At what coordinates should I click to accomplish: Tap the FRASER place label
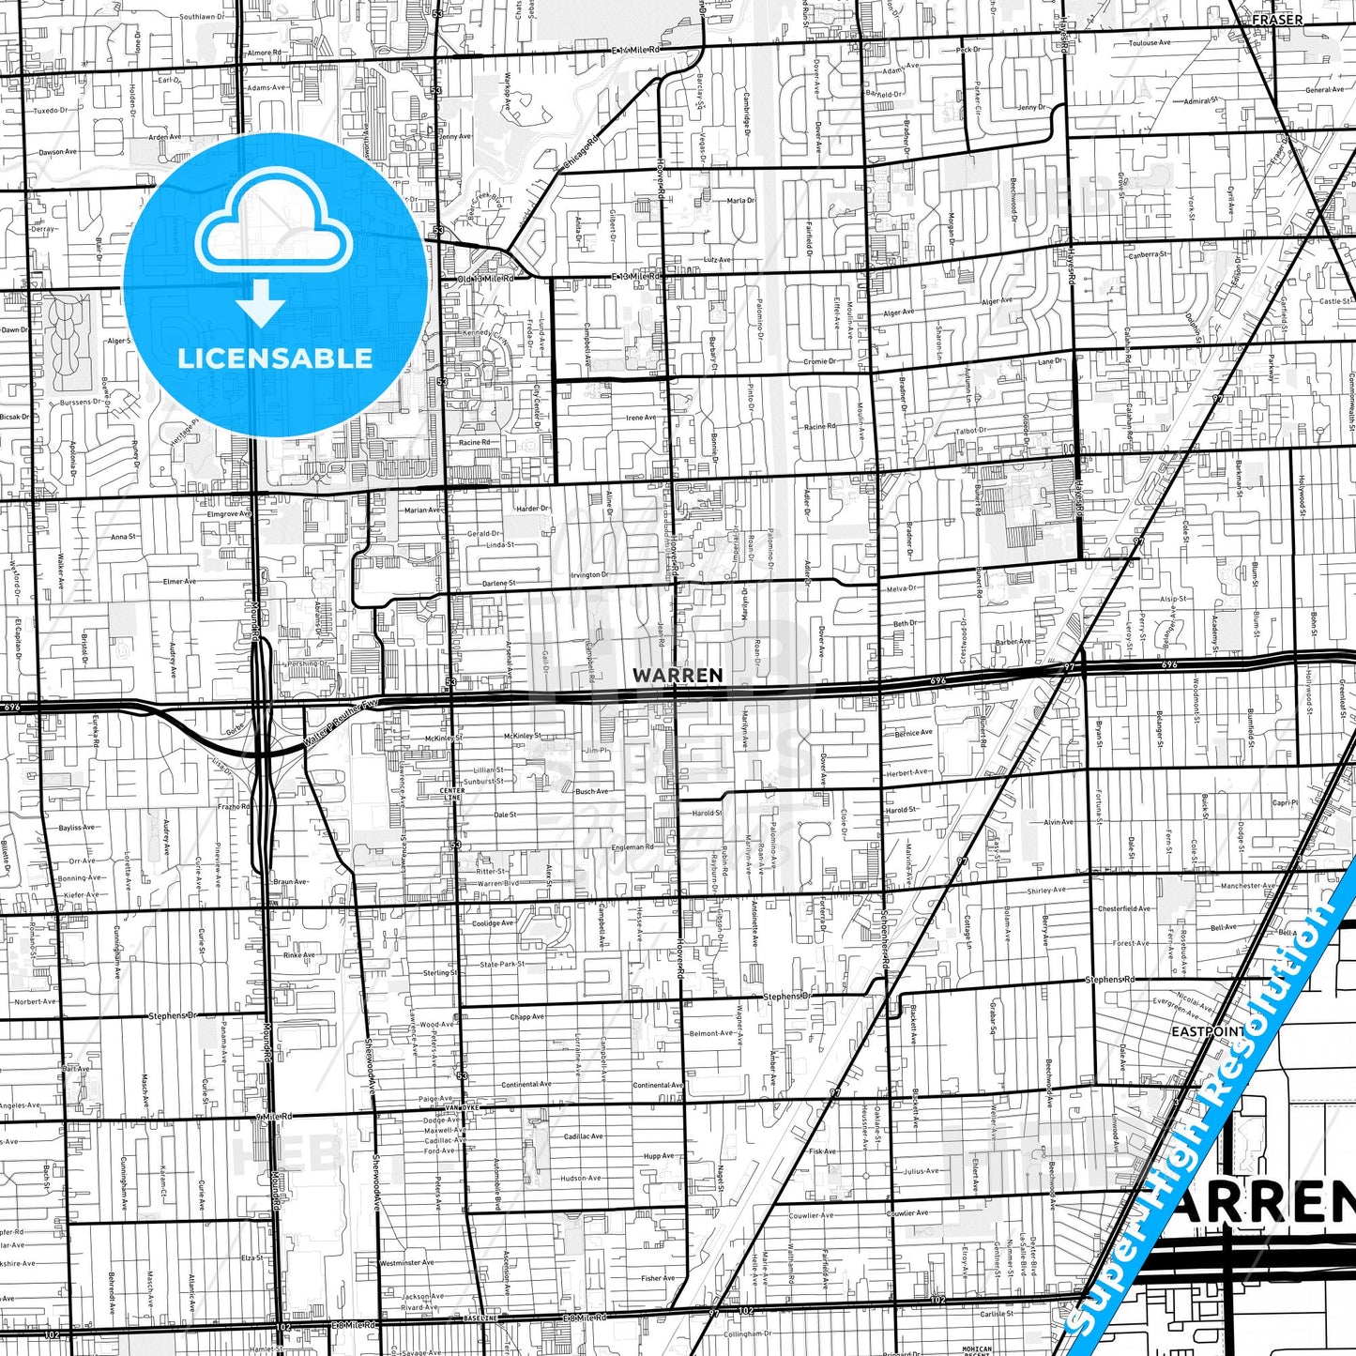point(1277,19)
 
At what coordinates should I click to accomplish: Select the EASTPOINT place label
point(1208,1030)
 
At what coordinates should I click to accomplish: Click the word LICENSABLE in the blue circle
point(275,358)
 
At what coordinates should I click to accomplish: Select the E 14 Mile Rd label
point(637,50)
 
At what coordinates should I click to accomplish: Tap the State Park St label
point(502,964)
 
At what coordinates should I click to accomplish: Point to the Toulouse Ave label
point(1150,43)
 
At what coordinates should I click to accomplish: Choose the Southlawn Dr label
point(202,17)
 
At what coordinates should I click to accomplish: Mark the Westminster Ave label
point(407,1262)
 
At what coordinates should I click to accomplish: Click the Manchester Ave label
point(1247,885)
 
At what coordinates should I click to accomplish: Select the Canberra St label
point(1149,253)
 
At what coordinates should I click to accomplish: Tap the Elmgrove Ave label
point(229,514)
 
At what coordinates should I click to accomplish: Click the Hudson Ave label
point(581,1178)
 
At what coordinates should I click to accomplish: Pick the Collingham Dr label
point(748,1333)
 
